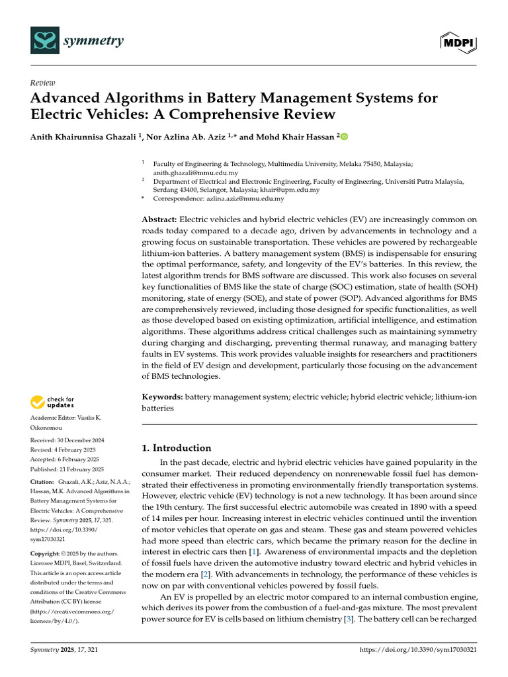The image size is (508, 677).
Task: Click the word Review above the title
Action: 43,83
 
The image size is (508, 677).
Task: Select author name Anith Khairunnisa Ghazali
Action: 83,137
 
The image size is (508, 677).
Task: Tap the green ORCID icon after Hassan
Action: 343,137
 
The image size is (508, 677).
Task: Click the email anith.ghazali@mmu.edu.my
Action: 195,172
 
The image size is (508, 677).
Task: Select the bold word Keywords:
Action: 163,396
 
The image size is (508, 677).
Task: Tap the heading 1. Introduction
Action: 177,448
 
